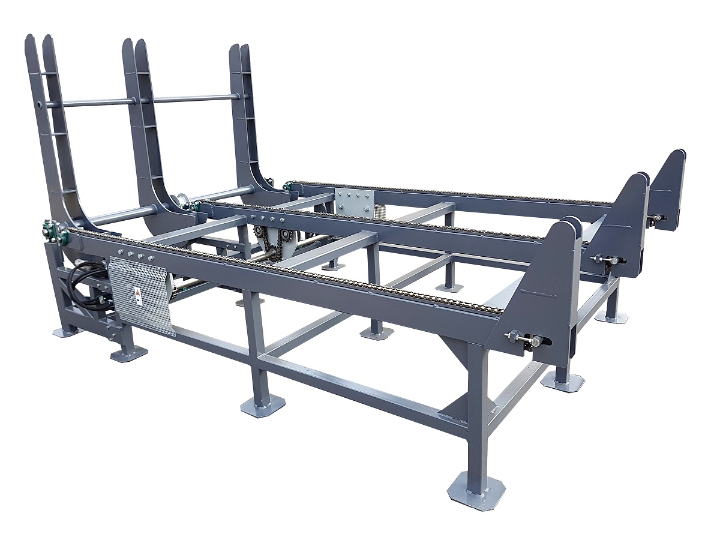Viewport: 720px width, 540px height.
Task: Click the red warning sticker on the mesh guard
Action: pyautogui.click(x=137, y=293)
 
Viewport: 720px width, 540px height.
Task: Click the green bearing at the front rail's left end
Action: pyautogui.click(x=47, y=230)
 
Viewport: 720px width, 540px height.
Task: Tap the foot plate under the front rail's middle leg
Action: pyautogui.click(x=263, y=406)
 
